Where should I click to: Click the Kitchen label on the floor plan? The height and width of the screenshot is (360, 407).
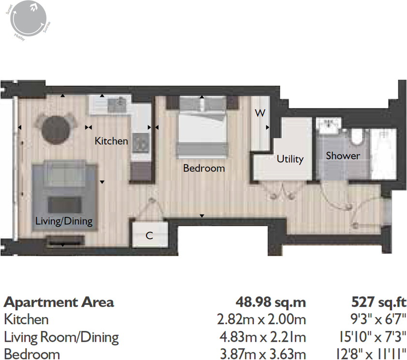(x=111, y=141)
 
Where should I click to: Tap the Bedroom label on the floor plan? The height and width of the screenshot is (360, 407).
(x=203, y=168)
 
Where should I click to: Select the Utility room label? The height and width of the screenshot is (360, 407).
(x=290, y=159)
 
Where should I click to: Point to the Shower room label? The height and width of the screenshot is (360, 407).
(x=343, y=156)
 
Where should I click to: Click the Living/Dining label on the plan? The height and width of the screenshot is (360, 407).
(x=64, y=222)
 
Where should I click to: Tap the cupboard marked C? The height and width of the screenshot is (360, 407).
(x=149, y=236)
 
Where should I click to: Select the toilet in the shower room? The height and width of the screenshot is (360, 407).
(x=357, y=137)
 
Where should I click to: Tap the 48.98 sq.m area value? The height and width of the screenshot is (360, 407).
(x=271, y=302)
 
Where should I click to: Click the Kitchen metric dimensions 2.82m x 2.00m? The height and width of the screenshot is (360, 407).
(x=262, y=319)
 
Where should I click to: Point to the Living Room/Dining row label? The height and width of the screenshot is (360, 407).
(x=61, y=337)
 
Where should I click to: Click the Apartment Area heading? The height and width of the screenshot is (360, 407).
(x=58, y=302)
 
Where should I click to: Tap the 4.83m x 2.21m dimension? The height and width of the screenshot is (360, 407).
(x=262, y=337)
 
